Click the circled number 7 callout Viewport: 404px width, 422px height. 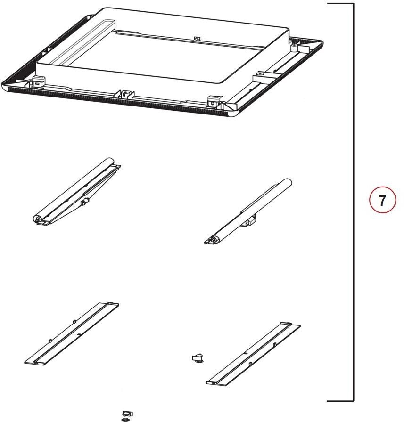382,201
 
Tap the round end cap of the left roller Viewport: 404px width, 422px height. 36,219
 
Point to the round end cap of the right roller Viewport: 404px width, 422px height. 214,240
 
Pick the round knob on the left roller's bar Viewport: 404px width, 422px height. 85,202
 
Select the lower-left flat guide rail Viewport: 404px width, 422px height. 71,334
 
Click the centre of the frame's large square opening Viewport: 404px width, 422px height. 163,54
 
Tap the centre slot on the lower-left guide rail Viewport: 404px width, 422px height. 78,333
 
